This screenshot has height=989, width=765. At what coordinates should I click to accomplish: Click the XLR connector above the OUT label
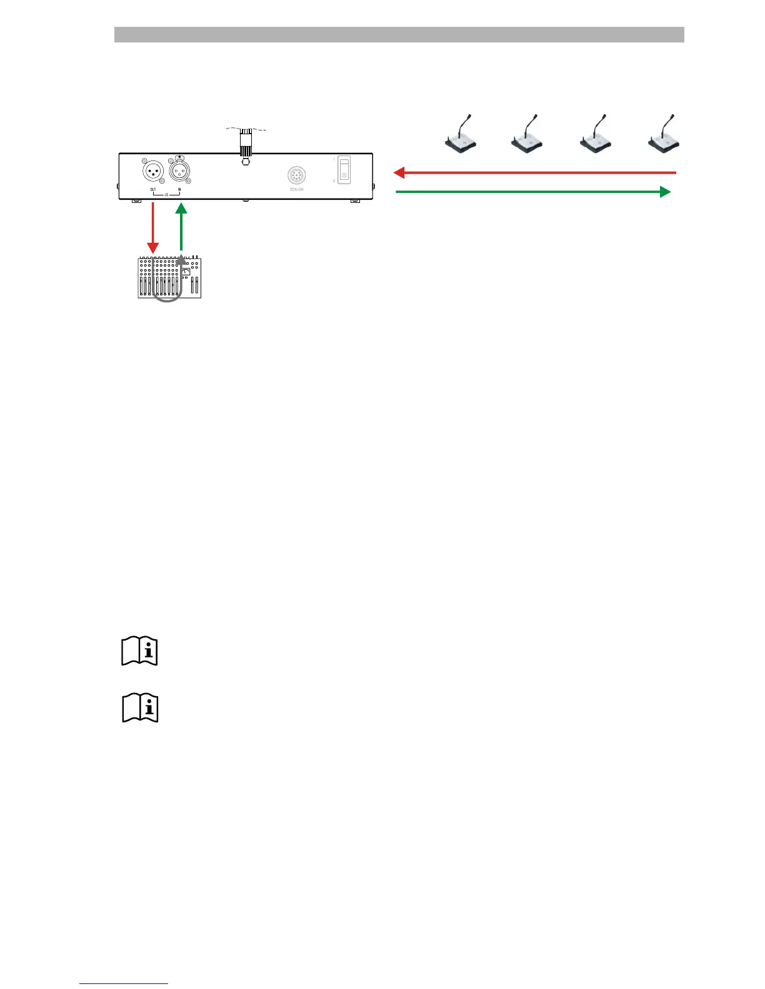154,170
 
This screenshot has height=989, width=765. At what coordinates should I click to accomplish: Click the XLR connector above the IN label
180,170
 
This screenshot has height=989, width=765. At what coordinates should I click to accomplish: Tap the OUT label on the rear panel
153,189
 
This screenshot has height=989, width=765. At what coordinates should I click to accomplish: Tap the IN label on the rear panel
179,189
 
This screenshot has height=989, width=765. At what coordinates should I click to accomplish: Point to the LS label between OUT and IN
166,195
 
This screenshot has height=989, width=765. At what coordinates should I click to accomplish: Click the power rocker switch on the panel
344,169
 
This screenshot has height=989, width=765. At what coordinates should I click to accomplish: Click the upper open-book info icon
139,651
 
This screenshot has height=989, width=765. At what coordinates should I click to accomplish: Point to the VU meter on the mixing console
186,272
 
